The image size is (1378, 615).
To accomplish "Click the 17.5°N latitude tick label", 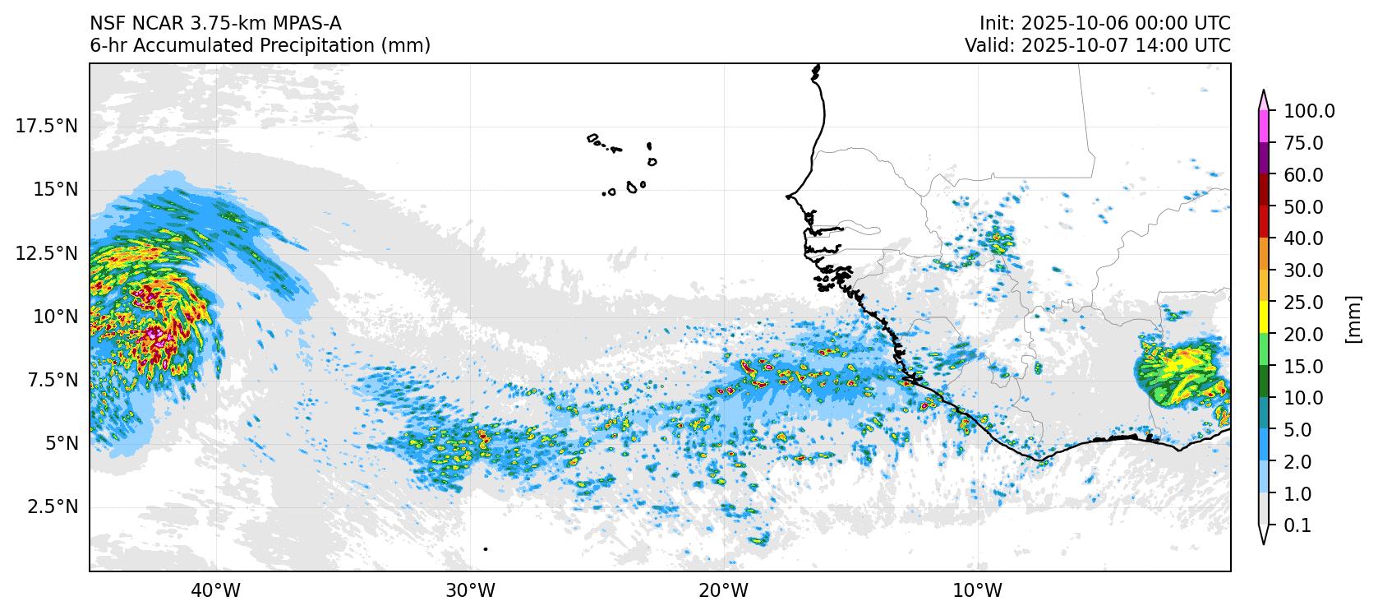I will (47, 127).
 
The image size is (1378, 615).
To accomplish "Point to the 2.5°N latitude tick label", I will (53, 507).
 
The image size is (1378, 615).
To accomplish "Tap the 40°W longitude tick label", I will (216, 591).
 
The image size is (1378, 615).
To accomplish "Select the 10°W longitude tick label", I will (977, 591).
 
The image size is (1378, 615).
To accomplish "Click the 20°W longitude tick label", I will (724, 591).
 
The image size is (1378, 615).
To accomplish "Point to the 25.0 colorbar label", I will (1303, 303).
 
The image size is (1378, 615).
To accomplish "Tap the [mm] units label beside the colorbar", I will (1353, 319).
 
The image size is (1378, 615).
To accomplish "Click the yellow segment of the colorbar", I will (1264, 318).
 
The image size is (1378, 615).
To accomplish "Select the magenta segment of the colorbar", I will (1264, 127).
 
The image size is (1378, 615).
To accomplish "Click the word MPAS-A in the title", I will (307, 24).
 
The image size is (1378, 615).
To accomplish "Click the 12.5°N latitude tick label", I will (47, 253).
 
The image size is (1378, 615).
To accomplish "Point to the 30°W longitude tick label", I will (470, 591).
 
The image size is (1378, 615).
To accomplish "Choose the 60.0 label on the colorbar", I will (1303, 175).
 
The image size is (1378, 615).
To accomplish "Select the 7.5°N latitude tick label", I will (53, 381).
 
